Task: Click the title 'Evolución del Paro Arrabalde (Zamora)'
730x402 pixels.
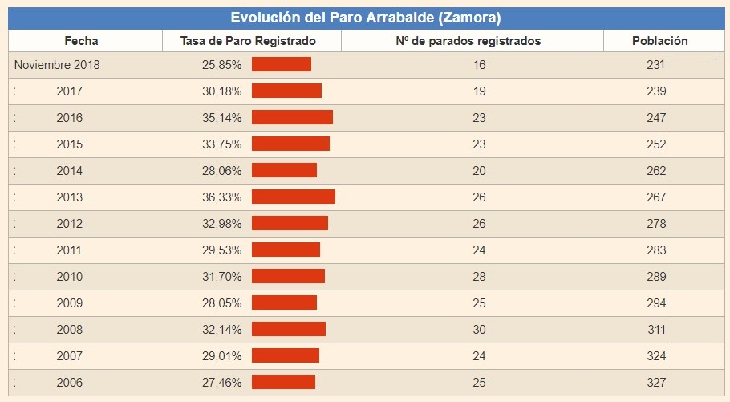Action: coord(365,18)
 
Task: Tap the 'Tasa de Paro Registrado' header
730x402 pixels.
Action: coord(248,41)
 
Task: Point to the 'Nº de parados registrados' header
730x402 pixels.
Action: coord(468,41)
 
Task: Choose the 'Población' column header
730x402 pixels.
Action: coord(659,41)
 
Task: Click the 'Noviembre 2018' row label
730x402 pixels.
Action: coord(57,65)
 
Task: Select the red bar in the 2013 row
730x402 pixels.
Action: coord(294,197)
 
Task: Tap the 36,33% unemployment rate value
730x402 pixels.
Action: coord(222,197)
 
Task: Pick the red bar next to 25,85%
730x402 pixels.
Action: coord(282,65)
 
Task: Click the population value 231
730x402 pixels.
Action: coord(656,65)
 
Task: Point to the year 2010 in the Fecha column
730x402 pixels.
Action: coord(69,276)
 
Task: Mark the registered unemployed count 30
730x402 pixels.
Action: coord(480,329)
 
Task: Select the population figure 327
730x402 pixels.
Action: coord(656,382)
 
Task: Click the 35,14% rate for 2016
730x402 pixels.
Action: coord(222,118)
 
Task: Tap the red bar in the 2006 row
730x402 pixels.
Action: coord(283,382)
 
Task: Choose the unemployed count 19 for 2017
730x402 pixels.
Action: coord(480,91)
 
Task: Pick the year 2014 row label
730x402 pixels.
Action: coord(69,171)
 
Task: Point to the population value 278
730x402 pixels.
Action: coord(656,224)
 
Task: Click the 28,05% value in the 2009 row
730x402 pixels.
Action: coord(222,303)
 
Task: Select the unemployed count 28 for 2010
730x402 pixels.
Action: coord(480,276)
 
